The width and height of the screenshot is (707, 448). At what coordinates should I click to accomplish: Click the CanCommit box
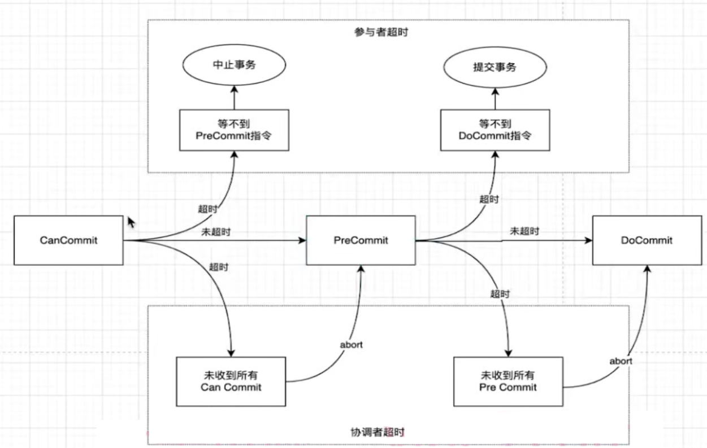click(x=68, y=240)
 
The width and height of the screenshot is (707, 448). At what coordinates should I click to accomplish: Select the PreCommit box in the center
click(x=361, y=240)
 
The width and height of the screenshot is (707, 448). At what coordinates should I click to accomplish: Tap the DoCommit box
click(x=647, y=240)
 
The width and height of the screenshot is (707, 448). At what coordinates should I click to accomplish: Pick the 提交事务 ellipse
click(x=495, y=67)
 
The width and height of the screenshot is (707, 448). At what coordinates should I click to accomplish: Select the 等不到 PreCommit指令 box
click(x=235, y=130)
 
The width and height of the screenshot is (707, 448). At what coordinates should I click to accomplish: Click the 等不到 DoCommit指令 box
click(x=495, y=130)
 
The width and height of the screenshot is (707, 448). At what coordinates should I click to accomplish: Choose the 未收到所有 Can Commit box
click(x=231, y=381)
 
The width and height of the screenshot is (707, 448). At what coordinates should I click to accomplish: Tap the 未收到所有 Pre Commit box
click(x=508, y=381)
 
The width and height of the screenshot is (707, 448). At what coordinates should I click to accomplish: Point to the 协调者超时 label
click(x=378, y=432)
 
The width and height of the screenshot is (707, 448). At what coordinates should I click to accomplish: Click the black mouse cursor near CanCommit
click(x=131, y=222)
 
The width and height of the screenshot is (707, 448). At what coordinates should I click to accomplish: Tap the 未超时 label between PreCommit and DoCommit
click(x=524, y=231)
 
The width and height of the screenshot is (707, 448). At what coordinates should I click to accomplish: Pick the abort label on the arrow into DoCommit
click(x=621, y=361)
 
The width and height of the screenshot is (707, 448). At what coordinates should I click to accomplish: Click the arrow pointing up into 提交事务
click(x=495, y=98)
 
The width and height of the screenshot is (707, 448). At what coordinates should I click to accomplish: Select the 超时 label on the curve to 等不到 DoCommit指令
click(x=489, y=199)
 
